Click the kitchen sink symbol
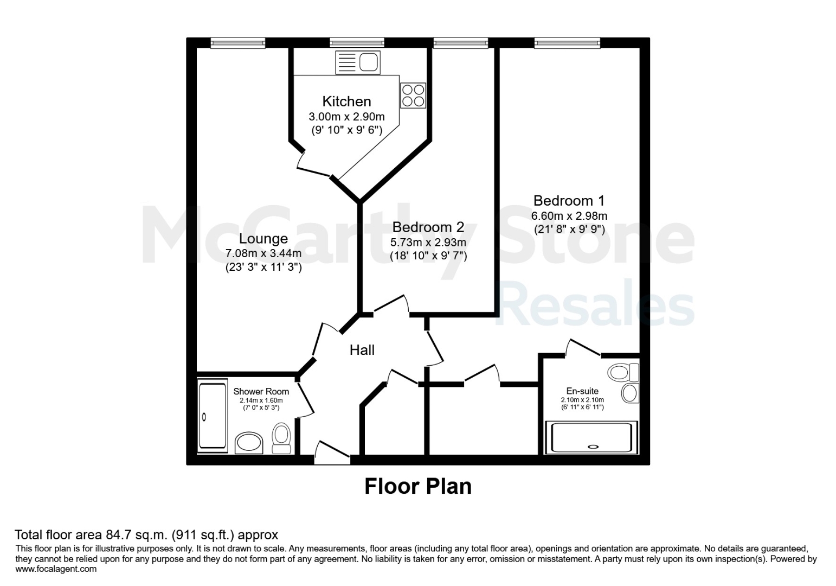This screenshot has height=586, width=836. [358, 62]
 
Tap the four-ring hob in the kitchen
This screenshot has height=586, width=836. [413, 95]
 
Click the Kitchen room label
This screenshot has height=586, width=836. [347, 101]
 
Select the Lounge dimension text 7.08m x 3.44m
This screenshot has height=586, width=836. [263, 253]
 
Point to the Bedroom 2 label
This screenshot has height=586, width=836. [428, 227]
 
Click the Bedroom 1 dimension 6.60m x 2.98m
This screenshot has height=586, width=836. [569, 216]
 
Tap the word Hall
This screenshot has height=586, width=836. [362, 350]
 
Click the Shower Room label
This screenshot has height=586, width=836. [261, 391]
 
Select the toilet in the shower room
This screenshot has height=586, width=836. [281, 438]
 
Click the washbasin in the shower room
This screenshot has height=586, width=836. [249, 443]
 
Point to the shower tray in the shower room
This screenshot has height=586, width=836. [213, 416]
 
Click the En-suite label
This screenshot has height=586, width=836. [582, 391]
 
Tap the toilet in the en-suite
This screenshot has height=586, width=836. [623, 372]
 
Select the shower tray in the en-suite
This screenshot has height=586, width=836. [591, 437]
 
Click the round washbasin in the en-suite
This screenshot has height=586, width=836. [631, 393]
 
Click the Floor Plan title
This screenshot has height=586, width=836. [418, 486]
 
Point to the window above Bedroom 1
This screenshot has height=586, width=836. [567, 43]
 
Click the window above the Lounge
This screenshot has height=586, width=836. [238, 43]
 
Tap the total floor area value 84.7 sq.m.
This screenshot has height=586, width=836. [137, 535]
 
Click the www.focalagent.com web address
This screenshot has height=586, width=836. [56, 569]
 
